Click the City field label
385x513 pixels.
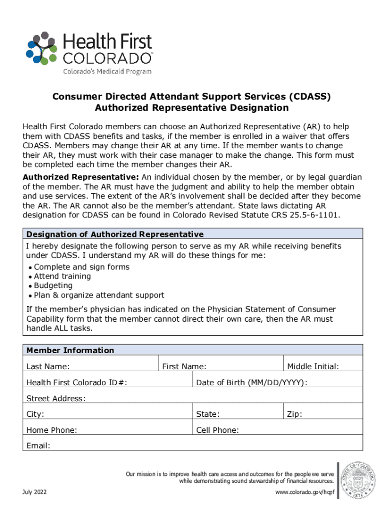(35, 414)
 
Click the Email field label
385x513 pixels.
(38, 445)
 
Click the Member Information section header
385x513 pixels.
(70, 350)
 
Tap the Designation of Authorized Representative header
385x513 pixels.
(114, 234)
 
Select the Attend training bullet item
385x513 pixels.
(62, 276)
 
